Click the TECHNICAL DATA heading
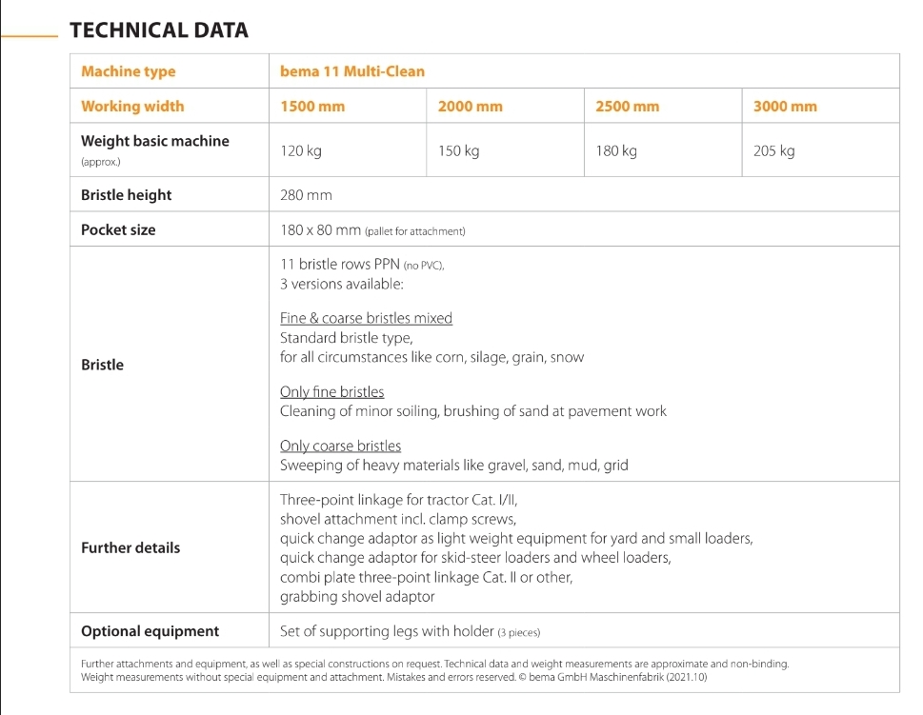click(x=159, y=30)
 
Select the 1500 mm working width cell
click(x=312, y=107)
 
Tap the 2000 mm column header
click(x=470, y=107)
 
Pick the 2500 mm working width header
click(x=627, y=107)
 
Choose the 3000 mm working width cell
click(x=785, y=107)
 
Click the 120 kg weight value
click(x=300, y=150)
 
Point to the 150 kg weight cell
click(x=458, y=150)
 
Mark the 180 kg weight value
click(x=616, y=150)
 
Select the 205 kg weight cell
click(x=773, y=150)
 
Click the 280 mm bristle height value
click(x=306, y=195)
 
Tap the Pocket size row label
click(x=118, y=229)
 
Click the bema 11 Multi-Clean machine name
click(x=352, y=71)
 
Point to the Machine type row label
click(x=129, y=71)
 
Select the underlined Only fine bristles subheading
click(x=331, y=392)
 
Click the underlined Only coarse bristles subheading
click(x=340, y=447)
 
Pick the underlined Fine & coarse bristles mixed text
click(x=366, y=319)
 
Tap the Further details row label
click(x=130, y=547)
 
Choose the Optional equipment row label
click(x=150, y=631)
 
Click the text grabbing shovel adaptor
click(x=357, y=597)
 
